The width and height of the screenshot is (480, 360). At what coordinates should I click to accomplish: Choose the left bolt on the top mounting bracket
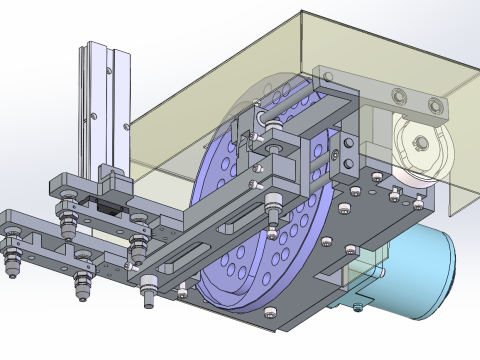tap(398, 97)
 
